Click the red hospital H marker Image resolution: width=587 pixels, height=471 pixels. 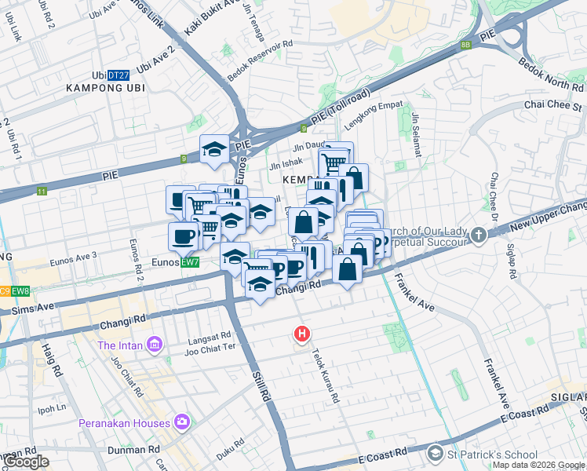click(x=301, y=334)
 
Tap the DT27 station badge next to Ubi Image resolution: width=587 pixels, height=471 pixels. click(x=118, y=75)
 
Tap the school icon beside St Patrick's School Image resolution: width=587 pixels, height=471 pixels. click(x=435, y=454)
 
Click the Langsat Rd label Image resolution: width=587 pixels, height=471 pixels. click(x=210, y=341)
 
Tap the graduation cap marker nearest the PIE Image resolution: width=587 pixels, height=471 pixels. click(x=214, y=149)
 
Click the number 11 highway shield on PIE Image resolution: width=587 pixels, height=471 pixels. click(x=41, y=191)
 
